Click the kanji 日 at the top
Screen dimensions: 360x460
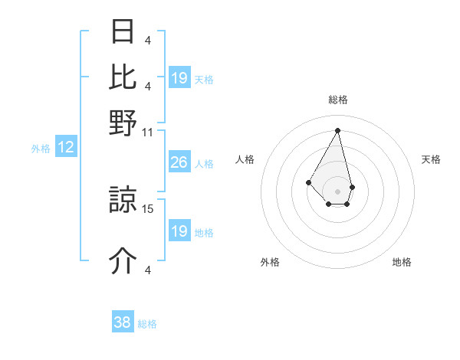pyautogui.click(x=123, y=31)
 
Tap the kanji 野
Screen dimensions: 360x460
pyautogui.click(x=123, y=123)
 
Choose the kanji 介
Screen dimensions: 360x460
pyautogui.click(x=123, y=261)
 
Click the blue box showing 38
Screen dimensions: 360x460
pyautogui.click(x=123, y=322)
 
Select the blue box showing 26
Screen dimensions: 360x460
pyautogui.click(x=179, y=162)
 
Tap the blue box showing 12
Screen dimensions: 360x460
pyautogui.click(x=66, y=147)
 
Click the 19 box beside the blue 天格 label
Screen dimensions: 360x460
pyautogui.click(x=179, y=78)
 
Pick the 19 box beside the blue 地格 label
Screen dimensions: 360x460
pyautogui.click(x=179, y=231)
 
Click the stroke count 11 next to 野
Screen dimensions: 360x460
pyautogui.click(x=147, y=132)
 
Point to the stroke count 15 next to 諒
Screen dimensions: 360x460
pyautogui.click(x=148, y=208)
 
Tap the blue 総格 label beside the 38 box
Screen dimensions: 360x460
pyautogui.click(x=147, y=324)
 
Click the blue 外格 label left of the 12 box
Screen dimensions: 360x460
pyautogui.click(x=40, y=149)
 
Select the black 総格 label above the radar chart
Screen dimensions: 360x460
pyautogui.click(x=337, y=100)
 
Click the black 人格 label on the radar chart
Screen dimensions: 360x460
pyautogui.click(x=245, y=159)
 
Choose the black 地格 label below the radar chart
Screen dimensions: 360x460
pyautogui.click(x=402, y=262)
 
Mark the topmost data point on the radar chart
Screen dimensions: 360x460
pyautogui.click(x=337, y=129)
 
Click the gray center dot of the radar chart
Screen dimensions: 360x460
pyautogui.click(x=337, y=190)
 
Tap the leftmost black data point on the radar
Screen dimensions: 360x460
pyautogui.click(x=308, y=182)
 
